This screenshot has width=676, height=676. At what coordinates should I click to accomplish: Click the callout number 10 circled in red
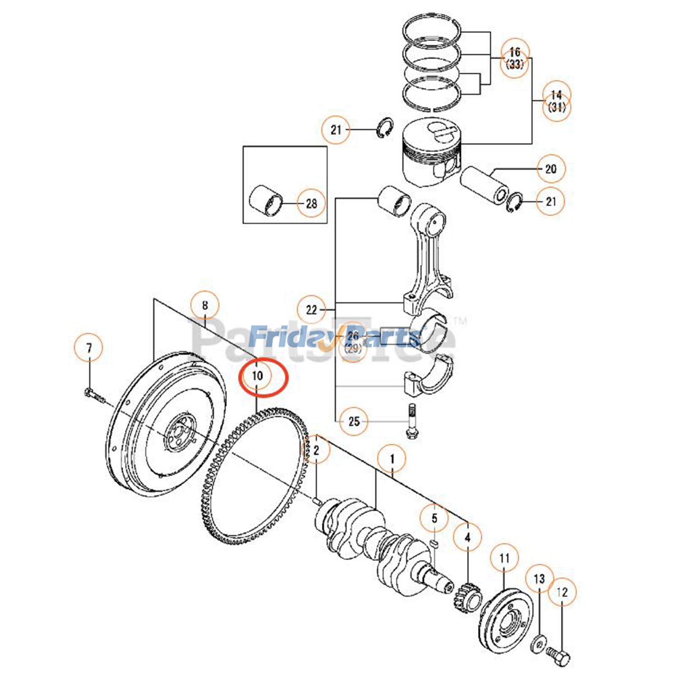[x=257, y=376]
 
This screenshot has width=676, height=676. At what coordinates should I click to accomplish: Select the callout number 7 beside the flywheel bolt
[x=89, y=349]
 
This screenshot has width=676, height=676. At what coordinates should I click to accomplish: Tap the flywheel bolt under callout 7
[x=94, y=396]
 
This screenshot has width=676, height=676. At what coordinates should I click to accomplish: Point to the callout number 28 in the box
[x=311, y=204]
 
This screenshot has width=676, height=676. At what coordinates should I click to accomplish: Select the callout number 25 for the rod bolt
[x=354, y=421]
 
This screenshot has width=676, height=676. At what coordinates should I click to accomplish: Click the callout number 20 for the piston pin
[x=551, y=169]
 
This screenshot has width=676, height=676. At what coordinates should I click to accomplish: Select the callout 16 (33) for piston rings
[x=515, y=58]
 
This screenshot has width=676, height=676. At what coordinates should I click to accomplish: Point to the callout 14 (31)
[x=556, y=101]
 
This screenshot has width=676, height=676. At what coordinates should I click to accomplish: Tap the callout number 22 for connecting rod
[x=311, y=310]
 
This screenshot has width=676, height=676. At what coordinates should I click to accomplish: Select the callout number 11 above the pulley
[x=504, y=559]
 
